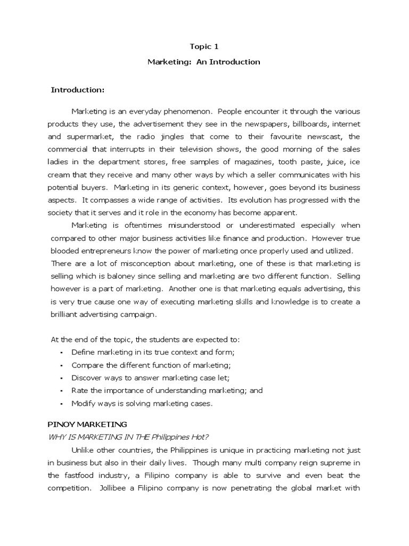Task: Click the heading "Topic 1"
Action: coord(204,46)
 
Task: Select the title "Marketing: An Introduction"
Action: coord(204,62)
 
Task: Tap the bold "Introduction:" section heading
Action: coord(77,90)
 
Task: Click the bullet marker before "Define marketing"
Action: coord(62,353)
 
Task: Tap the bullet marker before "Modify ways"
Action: coord(62,404)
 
